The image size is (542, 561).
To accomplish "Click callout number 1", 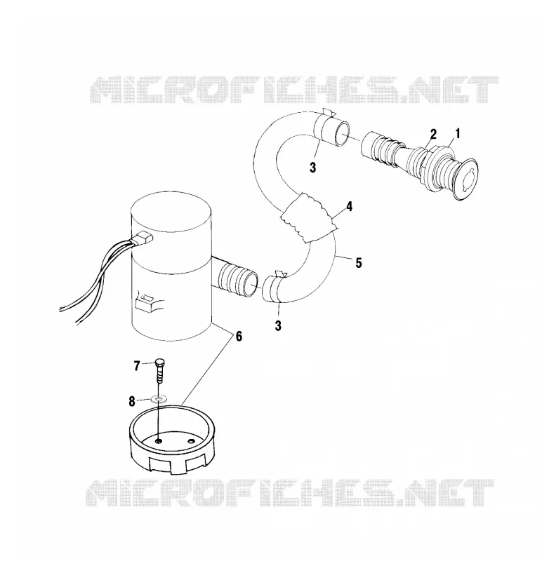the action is pos(457,134).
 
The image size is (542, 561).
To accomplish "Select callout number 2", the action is pos(433,135).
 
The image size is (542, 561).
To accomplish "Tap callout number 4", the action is pos(349,207).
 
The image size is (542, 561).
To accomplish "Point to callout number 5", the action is pos(358,263).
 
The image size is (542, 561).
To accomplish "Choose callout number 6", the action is pos(238,337).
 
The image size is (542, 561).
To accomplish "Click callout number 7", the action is pos(136,366).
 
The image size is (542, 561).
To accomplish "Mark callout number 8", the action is pos(132,401).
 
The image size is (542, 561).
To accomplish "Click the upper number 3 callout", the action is pos(312,167).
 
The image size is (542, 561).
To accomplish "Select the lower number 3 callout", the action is pos(278,325).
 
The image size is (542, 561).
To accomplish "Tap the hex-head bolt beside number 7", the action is pos(160,371).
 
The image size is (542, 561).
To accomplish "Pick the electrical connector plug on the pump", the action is pos(143,238).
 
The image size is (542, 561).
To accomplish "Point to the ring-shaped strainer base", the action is pos(171,439).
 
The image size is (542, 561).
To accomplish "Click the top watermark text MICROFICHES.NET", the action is pos(293,90).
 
